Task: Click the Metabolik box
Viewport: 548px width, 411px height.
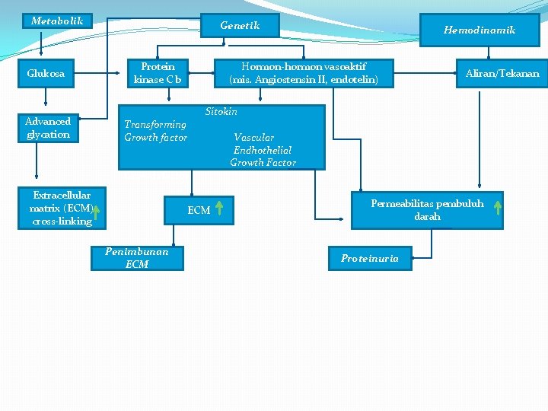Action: click(57, 21)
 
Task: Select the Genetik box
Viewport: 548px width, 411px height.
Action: click(240, 25)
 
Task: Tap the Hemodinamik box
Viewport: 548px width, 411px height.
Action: click(479, 30)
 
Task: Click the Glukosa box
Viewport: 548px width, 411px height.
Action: click(46, 74)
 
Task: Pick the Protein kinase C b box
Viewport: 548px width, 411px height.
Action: click(158, 73)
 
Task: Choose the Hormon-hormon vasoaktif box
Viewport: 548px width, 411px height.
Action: click(303, 73)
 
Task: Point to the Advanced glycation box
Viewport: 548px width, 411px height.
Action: click(48, 128)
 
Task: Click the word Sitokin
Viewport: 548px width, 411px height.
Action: click(221, 112)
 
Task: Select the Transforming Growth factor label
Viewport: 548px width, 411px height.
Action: click(155, 130)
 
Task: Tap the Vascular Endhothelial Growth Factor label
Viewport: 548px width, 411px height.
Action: click(263, 150)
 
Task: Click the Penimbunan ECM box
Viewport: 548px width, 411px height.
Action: click(137, 258)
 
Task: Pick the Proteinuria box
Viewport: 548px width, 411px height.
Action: click(369, 259)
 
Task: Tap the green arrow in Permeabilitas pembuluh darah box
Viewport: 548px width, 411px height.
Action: click(497, 208)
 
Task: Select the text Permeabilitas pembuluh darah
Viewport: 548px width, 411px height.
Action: click(427, 209)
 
